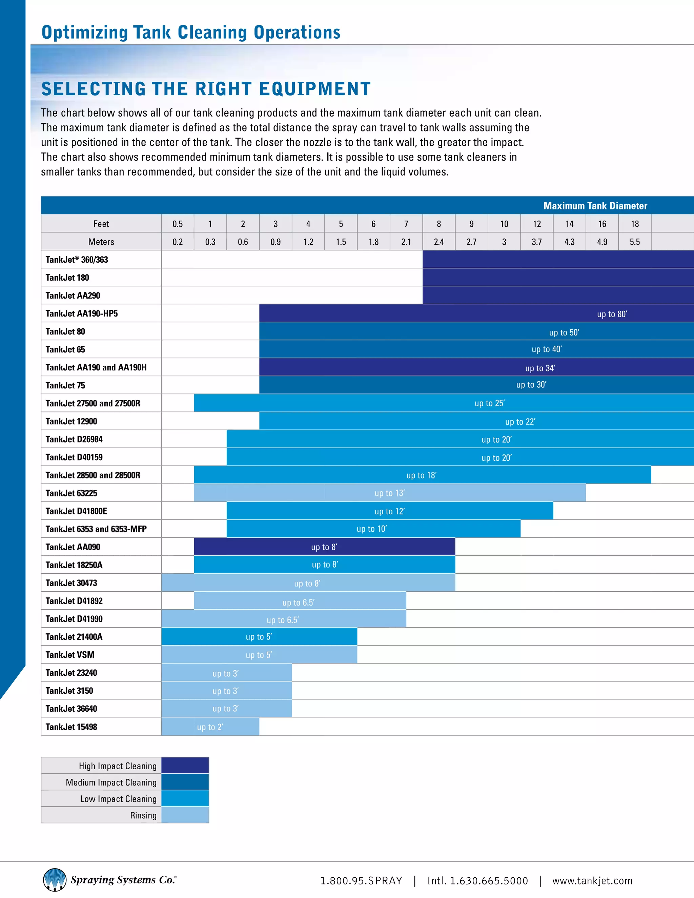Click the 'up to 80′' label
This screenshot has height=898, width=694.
612,314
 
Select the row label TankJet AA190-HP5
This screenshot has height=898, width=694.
81,313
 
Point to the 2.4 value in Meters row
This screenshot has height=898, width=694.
439,242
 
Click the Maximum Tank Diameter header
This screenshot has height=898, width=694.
595,206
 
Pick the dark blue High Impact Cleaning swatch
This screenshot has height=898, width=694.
185,765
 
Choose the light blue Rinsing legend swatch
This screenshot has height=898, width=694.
185,815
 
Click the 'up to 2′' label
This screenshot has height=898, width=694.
210,727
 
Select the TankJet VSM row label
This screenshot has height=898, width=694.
70,655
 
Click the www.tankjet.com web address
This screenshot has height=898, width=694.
592,880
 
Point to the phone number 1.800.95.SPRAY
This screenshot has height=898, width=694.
361,880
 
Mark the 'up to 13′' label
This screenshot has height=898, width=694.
389,493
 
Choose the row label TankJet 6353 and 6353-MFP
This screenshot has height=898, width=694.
96,529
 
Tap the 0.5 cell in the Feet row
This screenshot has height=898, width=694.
178,224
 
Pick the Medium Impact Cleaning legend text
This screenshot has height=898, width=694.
111,782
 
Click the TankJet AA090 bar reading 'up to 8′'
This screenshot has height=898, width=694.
324,547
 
